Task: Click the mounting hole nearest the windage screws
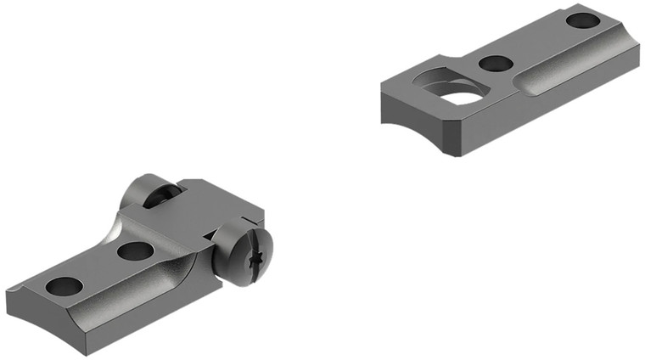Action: (133, 250)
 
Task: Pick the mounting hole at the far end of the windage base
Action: (62, 286)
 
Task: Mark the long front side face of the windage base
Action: (127, 306)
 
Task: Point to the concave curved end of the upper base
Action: (407, 119)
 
